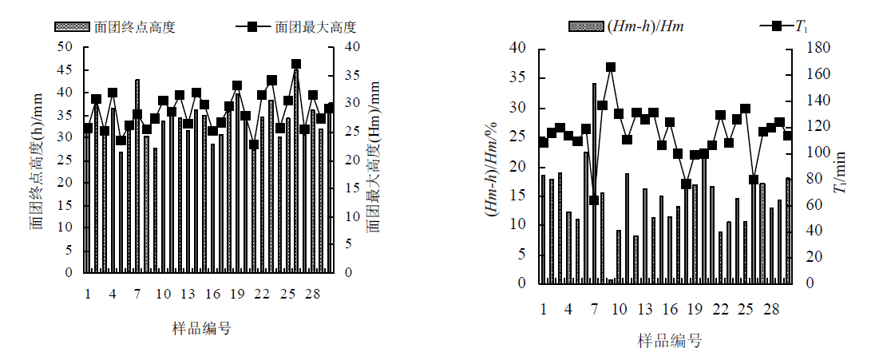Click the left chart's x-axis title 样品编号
(x=204, y=328)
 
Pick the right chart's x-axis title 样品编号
(x=669, y=341)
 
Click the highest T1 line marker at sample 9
(x=611, y=67)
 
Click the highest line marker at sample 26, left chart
(x=296, y=64)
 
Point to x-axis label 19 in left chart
(x=237, y=295)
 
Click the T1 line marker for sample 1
(x=543, y=142)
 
